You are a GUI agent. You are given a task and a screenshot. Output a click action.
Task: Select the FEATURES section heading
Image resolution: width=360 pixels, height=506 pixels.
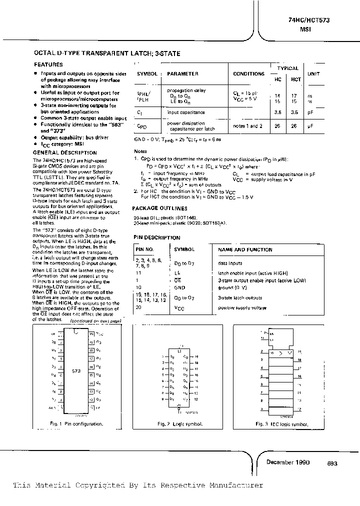[x=48, y=65]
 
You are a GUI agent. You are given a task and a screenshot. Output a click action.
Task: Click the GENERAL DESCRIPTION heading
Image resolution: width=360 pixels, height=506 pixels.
[x=65, y=152]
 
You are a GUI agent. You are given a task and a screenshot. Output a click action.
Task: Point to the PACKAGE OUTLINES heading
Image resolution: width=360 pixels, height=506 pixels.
[x=160, y=208]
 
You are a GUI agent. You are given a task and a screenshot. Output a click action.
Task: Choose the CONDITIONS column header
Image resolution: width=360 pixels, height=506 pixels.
[x=248, y=74]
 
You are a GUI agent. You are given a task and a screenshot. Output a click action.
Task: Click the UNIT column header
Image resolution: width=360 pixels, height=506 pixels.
[x=313, y=74]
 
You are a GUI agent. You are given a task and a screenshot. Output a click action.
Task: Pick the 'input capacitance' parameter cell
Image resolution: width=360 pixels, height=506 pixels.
[x=186, y=113]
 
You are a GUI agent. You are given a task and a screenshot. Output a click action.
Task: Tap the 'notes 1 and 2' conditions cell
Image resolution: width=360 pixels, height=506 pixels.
[x=248, y=126]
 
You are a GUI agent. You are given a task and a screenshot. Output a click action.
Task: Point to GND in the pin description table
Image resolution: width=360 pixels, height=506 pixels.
[x=180, y=288]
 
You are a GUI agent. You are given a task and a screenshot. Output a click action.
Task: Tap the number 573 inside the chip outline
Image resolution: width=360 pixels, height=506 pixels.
[x=76, y=371]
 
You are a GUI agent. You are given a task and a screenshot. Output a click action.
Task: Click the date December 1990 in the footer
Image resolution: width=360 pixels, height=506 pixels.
[x=288, y=462]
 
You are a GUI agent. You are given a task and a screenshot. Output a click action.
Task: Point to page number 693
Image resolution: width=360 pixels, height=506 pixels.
[x=332, y=463]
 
